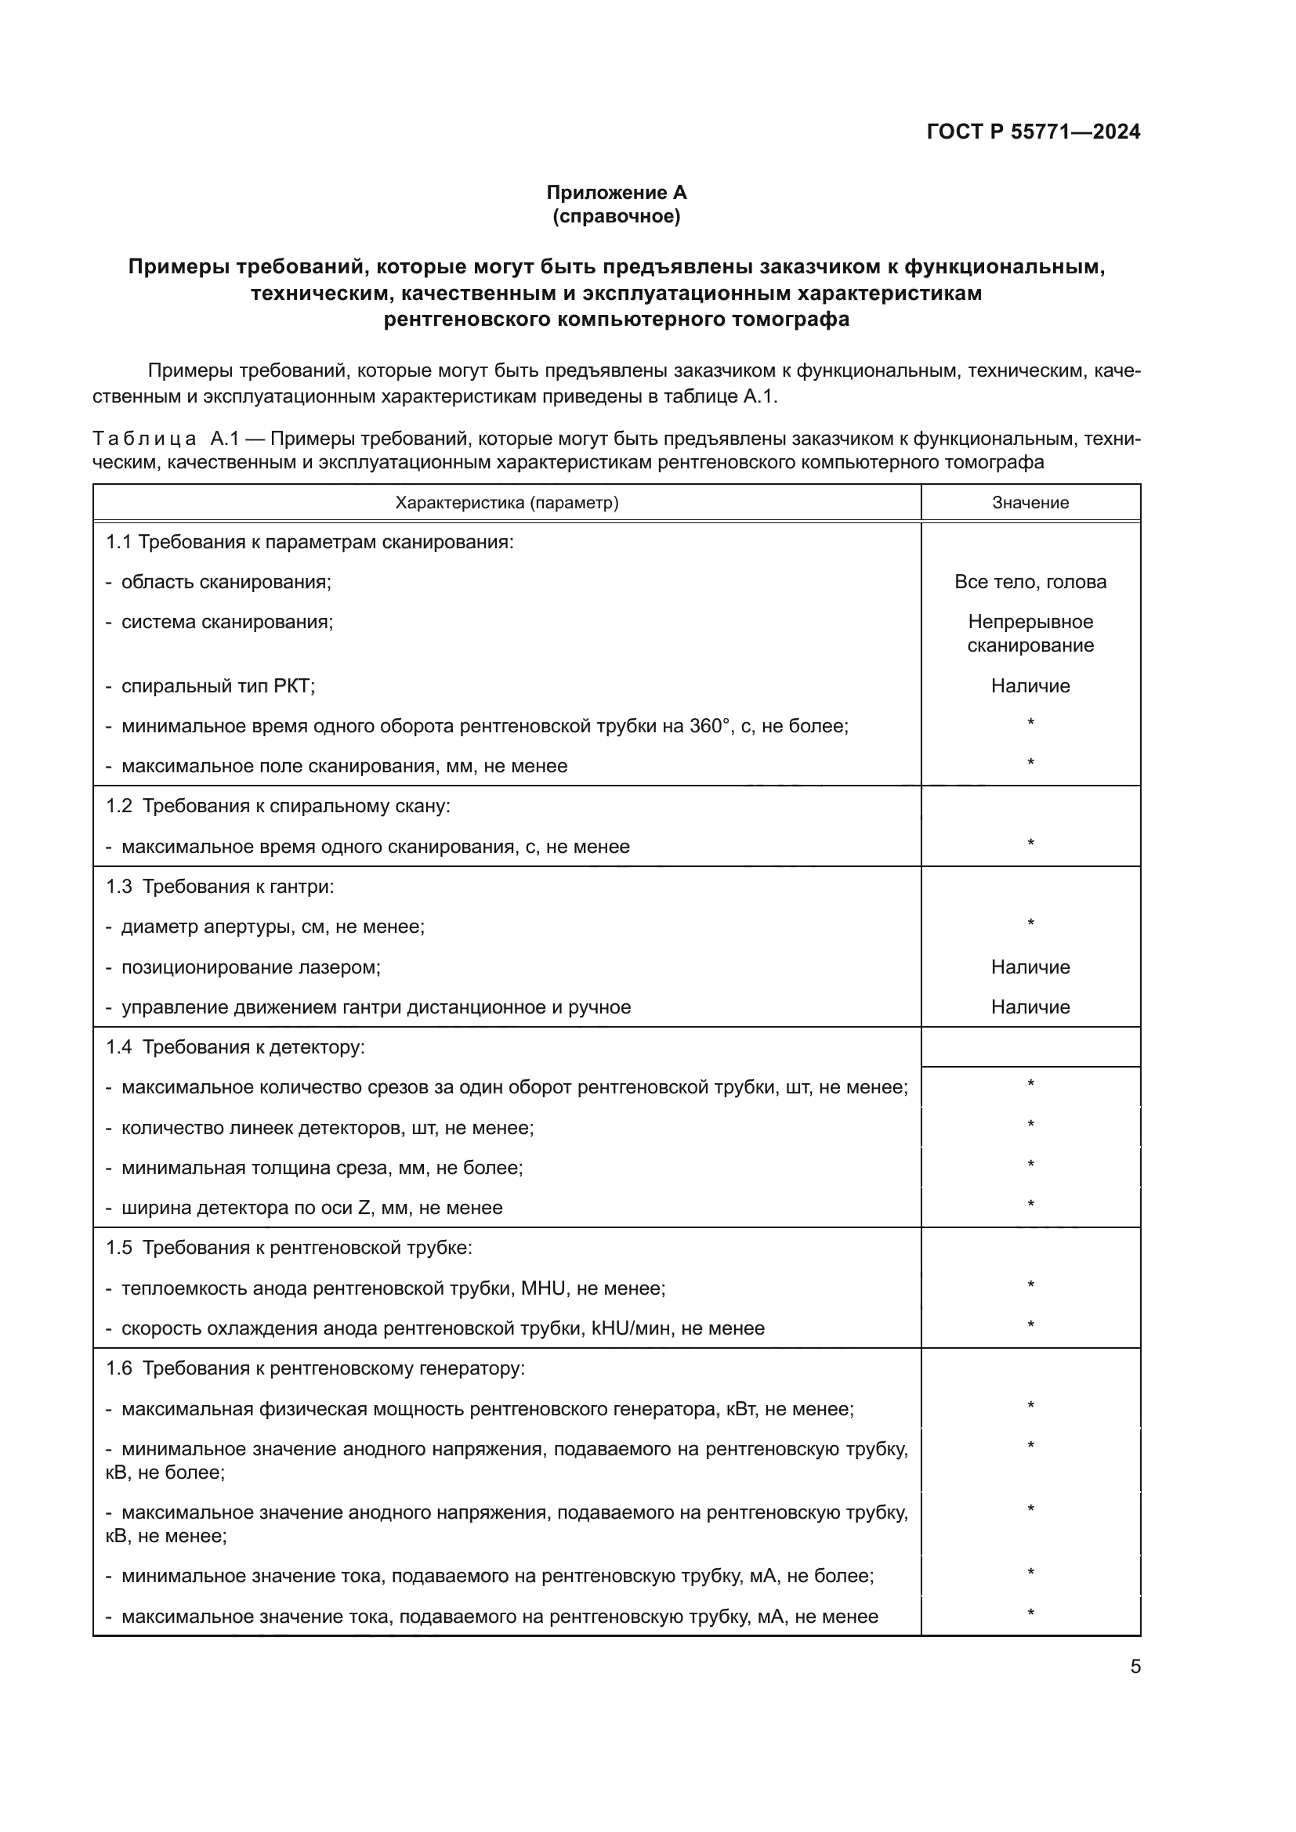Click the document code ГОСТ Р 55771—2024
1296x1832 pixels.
(x=1033, y=132)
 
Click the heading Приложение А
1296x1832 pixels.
(x=616, y=193)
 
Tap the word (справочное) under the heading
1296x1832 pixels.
(x=616, y=216)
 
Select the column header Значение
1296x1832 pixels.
(x=1030, y=503)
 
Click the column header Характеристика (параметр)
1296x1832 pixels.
(x=507, y=503)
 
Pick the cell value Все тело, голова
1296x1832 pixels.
(x=1030, y=582)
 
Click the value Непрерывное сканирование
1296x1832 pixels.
(x=1030, y=634)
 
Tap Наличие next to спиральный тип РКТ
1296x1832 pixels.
(x=1030, y=686)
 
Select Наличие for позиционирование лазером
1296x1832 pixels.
(x=1030, y=967)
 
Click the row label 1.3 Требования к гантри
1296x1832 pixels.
(x=220, y=887)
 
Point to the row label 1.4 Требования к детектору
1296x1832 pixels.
(x=235, y=1047)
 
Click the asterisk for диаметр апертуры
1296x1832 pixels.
(x=1030, y=924)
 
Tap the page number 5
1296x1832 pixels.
(x=1135, y=1667)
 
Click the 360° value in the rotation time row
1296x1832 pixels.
(x=709, y=726)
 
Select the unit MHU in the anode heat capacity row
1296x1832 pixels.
(x=543, y=1288)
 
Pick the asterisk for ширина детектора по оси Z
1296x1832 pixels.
(x=1030, y=1205)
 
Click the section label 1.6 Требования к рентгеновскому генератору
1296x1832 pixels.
(x=315, y=1368)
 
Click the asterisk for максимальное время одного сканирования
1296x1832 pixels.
(x=1030, y=844)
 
